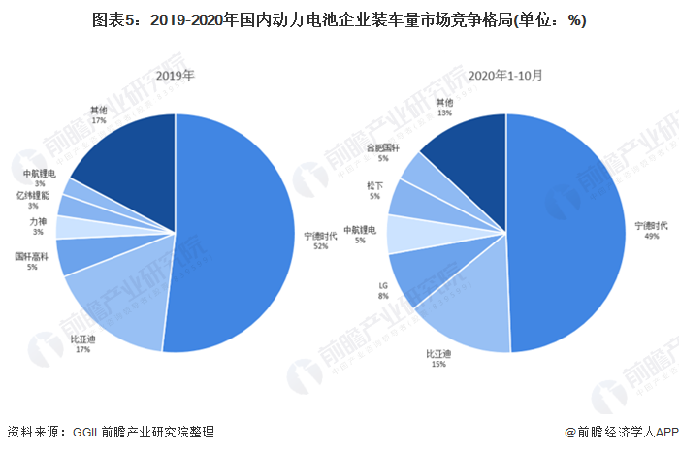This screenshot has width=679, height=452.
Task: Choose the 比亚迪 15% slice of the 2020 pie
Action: tap(466, 310)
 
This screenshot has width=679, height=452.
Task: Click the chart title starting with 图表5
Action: tap(339, 20)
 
